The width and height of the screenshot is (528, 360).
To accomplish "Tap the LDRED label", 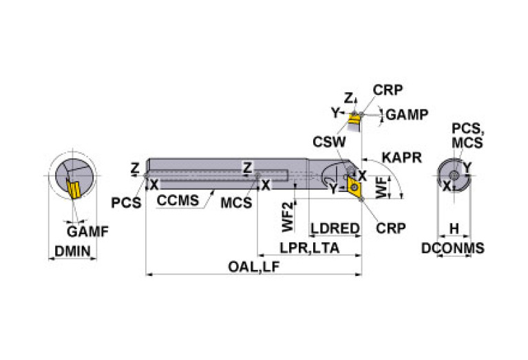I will [335, 229].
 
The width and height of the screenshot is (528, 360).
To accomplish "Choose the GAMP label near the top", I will [408, 115].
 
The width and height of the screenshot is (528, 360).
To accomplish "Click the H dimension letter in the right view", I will [454, 228].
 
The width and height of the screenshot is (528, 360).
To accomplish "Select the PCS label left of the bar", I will [126, 202].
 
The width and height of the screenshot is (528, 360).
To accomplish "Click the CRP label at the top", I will [388, 89].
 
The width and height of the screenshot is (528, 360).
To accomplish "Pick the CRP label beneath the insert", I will [390, 227].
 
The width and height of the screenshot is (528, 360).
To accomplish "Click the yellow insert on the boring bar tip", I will [357, 186].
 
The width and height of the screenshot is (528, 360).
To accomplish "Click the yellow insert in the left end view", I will [72, 187].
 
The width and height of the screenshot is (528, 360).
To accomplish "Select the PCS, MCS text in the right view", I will [467, 136].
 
